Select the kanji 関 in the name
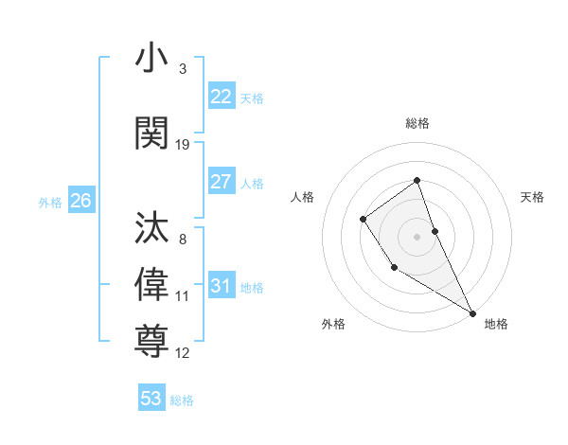pyautogui.click(x=152, y=133)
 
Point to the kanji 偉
pyautogui.click(x=152, y=282)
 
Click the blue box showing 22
pyautogui.click(x=221, y=97)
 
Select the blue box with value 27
pyautogui.click(x=221, y=182)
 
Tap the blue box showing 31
pyautogui.click(x=221, y=286)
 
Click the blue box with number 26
pyautogui.click(x=80, y=201)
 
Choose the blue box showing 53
pyautogui.click(x=151, y=399)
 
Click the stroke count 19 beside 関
pyautogui.click(x=183, y=144)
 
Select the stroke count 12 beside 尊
pyautogui.click(x=183, y=353)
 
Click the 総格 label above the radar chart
pyautogui.click(x=417, y=123)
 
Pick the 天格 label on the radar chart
pyautogui.click(x=532, y=197)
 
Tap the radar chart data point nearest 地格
pyautogui.click(x=472, y=312)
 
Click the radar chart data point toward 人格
pyautogui.click(x=364, y=220)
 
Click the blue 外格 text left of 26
pyautogui.click(x=50, y=202)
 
